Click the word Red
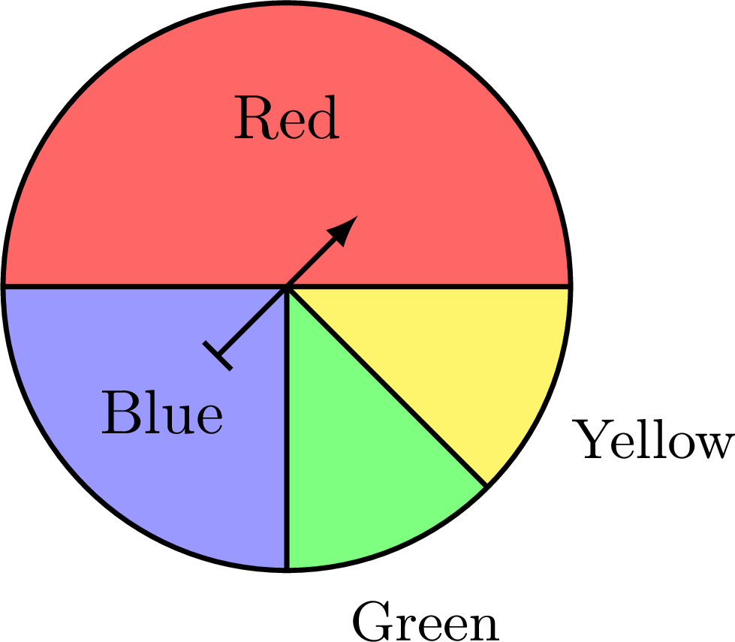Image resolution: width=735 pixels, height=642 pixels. [286, 117]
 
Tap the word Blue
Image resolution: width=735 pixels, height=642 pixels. [161, 412]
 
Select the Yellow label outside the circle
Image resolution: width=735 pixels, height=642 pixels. [652, 439]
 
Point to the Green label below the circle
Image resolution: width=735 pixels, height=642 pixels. [425, 622]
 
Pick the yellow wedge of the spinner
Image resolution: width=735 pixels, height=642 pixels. [468, 357]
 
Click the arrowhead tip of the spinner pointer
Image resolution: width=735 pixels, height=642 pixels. [358, 216]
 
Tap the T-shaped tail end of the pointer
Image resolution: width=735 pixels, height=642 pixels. [217, 356]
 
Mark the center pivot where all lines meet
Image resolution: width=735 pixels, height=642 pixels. [287, 285]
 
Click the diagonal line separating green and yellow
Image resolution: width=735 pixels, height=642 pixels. [387, 385]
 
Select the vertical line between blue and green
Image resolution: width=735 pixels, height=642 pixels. [286, 428]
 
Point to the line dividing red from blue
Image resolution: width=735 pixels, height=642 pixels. [144, 285]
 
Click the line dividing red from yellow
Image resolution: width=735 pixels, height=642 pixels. [429, 285]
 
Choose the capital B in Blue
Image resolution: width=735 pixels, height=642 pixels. [120, 412]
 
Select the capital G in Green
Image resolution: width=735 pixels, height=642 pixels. [372, 622]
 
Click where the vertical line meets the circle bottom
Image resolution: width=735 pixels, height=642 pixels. [286, 569]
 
